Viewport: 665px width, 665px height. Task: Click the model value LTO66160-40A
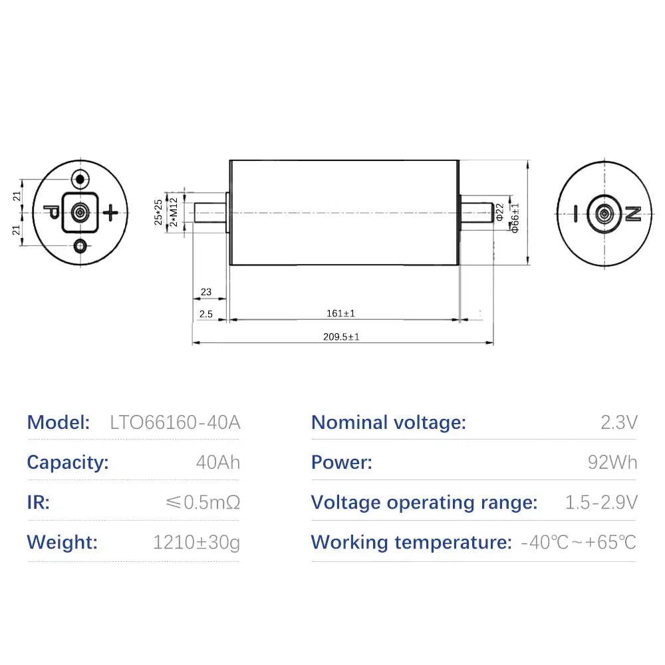click(x=175, y=422)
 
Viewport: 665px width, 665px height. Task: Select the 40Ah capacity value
click(x=218, y=462)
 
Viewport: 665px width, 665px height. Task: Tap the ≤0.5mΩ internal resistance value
click(x=203, y=503)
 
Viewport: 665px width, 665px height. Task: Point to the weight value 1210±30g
click(x=196, y=543)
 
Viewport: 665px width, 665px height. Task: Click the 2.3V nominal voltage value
click(x=618, y=422)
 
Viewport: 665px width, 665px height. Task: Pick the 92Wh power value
click(x=612, y=462)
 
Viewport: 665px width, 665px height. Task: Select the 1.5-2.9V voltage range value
click(x=601, y=503)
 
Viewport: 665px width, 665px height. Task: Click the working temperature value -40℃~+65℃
click(x=579, y=543)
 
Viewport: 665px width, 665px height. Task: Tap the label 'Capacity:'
click(x=68, y=463)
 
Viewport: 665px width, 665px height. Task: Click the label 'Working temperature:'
click(x=412, y=543)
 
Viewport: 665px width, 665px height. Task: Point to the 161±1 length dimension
click(x=340, y=313)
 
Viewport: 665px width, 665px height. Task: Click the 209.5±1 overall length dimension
click(x=341, y=336)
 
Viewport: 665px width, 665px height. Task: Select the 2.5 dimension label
click(x=206, y=315)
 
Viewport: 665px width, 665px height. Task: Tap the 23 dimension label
click(x=206, y=292)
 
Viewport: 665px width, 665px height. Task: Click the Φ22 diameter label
click(x=499, y=212)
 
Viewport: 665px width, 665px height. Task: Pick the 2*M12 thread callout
click(x=174, y=212)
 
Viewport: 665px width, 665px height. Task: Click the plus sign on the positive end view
click(x=110, y=213)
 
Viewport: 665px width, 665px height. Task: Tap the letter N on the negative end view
click(x=633, y=213)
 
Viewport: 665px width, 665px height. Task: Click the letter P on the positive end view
click(x=52, y=211)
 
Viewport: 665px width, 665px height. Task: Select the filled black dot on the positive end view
click(x=80, y=180)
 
